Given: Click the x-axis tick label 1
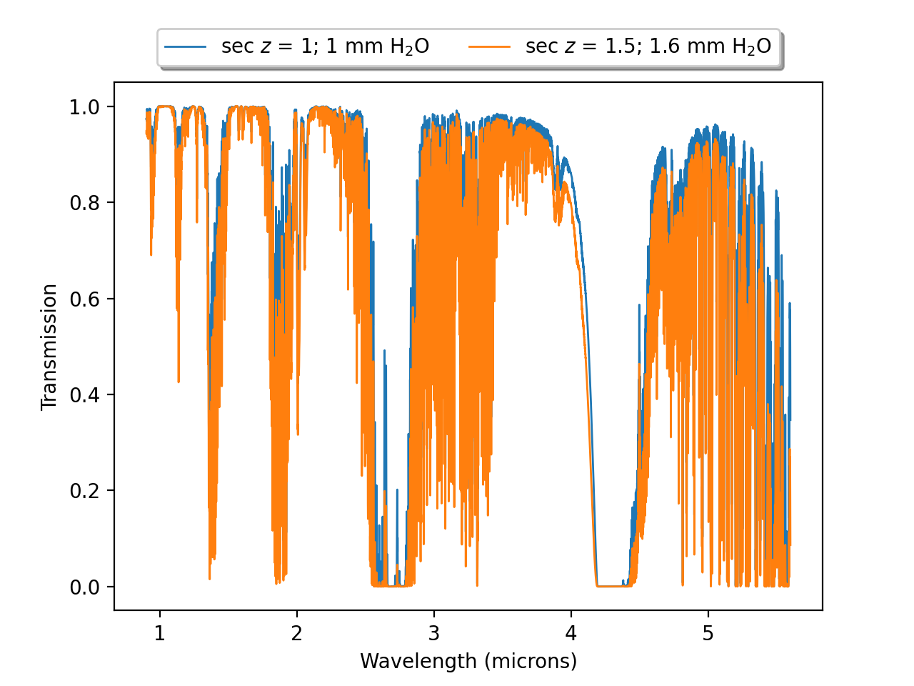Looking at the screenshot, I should (x=159, y=634).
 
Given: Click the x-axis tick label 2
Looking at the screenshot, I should (x=296, y=634).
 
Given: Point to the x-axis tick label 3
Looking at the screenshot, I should (x=433, y=634).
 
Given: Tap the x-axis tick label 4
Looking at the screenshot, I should (x=571, y=634).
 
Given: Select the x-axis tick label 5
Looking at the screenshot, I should (x=708, y=634).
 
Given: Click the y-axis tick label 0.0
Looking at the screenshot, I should (x=84, y=587).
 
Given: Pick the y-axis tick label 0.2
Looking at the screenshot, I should (x=84, y=491).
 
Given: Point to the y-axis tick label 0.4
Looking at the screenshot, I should (x=84, y=395).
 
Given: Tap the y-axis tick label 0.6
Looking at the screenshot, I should (x=84, y=299).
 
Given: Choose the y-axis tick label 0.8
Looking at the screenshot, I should (x=84, y=203).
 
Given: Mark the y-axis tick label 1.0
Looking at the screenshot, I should (x=84, y=107).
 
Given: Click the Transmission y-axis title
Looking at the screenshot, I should (x=49, y=347).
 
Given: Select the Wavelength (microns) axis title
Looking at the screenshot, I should (x=468, y=661).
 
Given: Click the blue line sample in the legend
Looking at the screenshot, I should (x=186, y=47).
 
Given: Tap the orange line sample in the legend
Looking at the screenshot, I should (x=490, y=47).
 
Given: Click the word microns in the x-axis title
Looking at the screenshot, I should (x=530, y=661).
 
